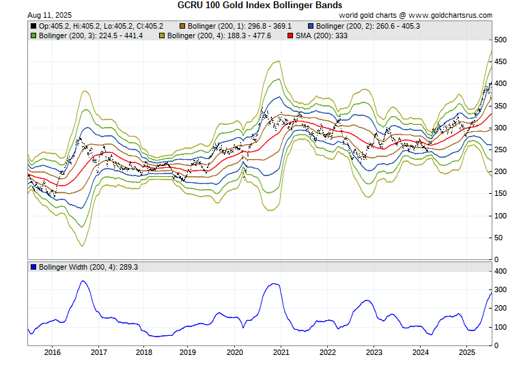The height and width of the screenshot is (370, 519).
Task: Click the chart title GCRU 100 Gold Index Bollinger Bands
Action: click(259, 5)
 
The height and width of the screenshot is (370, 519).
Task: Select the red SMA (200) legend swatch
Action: click(290, 35)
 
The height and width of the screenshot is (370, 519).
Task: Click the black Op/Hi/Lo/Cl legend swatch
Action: click(33, 26)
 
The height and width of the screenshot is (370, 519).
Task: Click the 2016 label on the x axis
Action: click(52, 353)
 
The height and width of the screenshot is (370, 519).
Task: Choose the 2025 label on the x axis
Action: click(466, 353)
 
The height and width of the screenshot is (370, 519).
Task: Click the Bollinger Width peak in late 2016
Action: click(83, 281)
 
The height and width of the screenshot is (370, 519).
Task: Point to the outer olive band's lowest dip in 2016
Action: click(82, 246)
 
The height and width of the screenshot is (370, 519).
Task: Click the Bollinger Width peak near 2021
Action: click(275, 283)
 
